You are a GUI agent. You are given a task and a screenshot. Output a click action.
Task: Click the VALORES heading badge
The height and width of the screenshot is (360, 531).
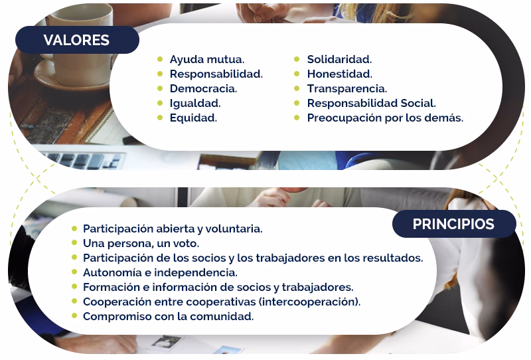tap(76, 40)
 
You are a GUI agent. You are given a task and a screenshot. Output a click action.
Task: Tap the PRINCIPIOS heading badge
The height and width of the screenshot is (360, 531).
tap(453, 224)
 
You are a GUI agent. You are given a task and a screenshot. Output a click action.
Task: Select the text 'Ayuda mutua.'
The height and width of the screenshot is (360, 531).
tap(207, 60)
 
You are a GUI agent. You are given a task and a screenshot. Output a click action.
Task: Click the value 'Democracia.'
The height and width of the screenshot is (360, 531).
tap(203, 88)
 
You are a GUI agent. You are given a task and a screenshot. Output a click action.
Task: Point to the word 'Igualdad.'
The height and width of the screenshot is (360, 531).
tap(195, 103)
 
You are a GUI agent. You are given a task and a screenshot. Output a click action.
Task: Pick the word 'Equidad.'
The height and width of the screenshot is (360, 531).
tap(193, 118)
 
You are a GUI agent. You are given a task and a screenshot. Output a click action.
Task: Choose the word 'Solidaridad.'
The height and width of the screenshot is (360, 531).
tap(339, 60)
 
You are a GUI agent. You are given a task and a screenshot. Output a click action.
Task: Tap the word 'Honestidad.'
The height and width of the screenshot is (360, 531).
tap(339, 74)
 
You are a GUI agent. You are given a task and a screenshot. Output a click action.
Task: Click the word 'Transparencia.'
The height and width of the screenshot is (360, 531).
tap(346, 88)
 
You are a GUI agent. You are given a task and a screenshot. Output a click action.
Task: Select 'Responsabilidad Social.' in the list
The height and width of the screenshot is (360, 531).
tap(371, 103)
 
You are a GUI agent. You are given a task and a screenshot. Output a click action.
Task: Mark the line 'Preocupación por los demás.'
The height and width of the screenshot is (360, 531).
tap(385, 118)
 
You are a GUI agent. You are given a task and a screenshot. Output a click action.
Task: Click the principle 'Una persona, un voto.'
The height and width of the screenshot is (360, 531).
tap(141, 243)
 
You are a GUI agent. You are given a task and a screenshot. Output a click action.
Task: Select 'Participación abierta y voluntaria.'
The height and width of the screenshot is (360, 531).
tap(173, 228)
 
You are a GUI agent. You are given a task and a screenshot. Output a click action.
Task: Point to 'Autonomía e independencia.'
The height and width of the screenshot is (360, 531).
tap(160, 272)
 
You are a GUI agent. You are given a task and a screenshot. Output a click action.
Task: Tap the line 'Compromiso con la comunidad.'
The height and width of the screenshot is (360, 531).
tap(168, 316)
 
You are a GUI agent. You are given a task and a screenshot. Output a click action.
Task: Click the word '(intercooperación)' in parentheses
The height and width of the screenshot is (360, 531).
tap(309, 302)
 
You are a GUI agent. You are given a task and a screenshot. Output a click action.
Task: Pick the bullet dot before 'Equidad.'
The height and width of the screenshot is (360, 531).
tap(160, 118)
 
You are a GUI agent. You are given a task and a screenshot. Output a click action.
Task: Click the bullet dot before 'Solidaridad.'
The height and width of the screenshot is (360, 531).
tap(297, 60)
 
